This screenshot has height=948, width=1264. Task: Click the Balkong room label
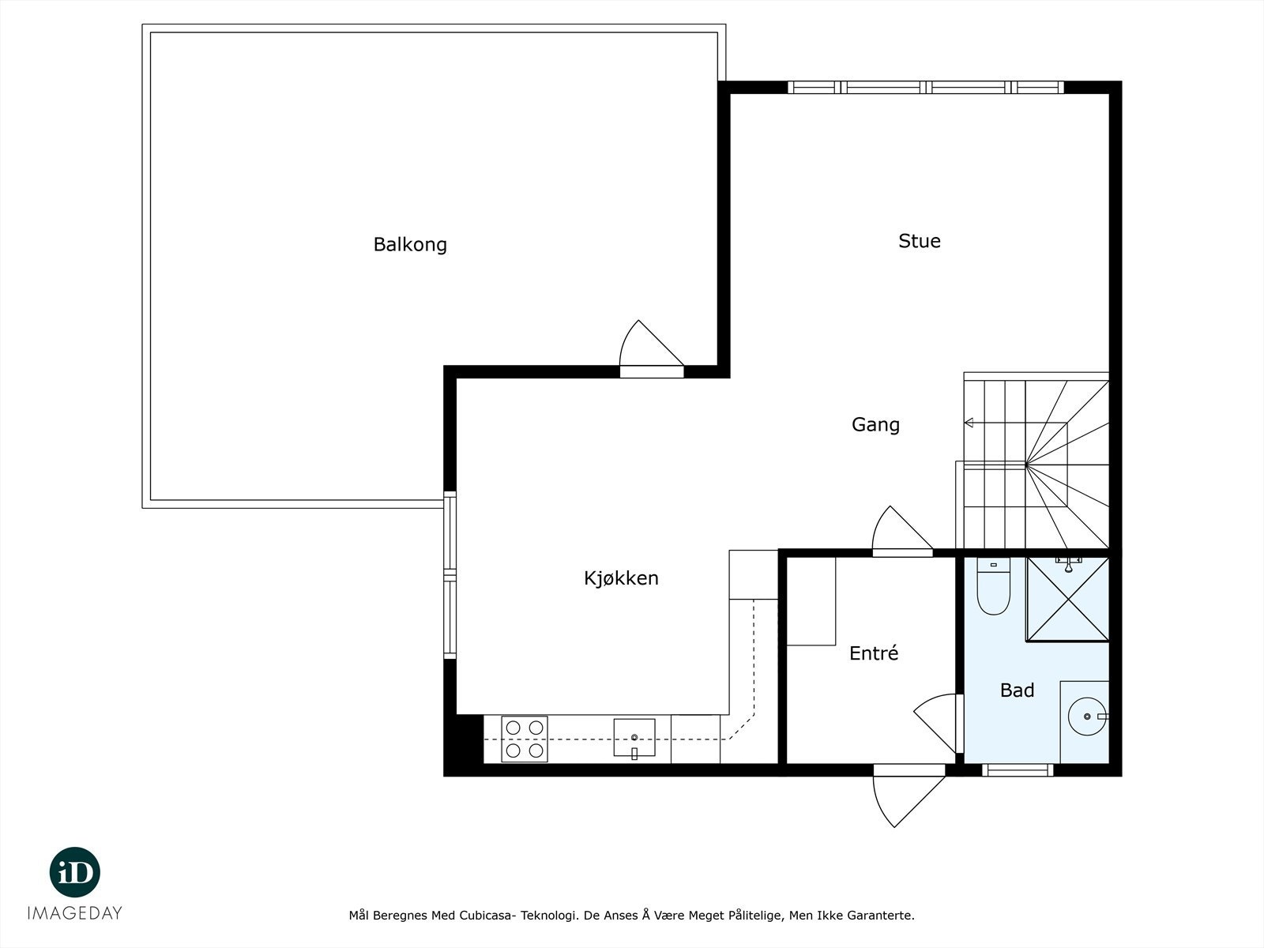pyautogui.click(x=410, y=244)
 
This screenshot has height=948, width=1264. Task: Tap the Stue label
pyautogui.click(x=919, y=241)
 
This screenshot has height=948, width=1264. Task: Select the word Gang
pyautogui.click(x=875, y=424)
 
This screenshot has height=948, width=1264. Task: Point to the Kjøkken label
pyautogui.click(x=621, y=578)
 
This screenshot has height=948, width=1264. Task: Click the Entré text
pyautogui.click(x=874, y=653)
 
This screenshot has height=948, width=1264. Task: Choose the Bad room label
pyautogui.click(x=1017, y=690)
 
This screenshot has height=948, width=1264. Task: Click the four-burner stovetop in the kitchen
pyautogui.click(x=525, y=739)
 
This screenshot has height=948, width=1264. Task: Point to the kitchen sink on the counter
pyautogui.click(x=634, y=738)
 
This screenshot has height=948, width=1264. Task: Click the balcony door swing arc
pyautogui.click(x=644, y=346)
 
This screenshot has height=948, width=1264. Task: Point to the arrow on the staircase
pyautogui.click(x=969, y=423)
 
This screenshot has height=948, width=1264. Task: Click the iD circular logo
pyautogui.click(x=75, y=872)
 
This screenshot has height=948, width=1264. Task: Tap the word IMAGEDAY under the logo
pyautogui.click(x=75, y=913)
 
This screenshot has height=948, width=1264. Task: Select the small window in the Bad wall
pyautogui.click(x=1018, y=769)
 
